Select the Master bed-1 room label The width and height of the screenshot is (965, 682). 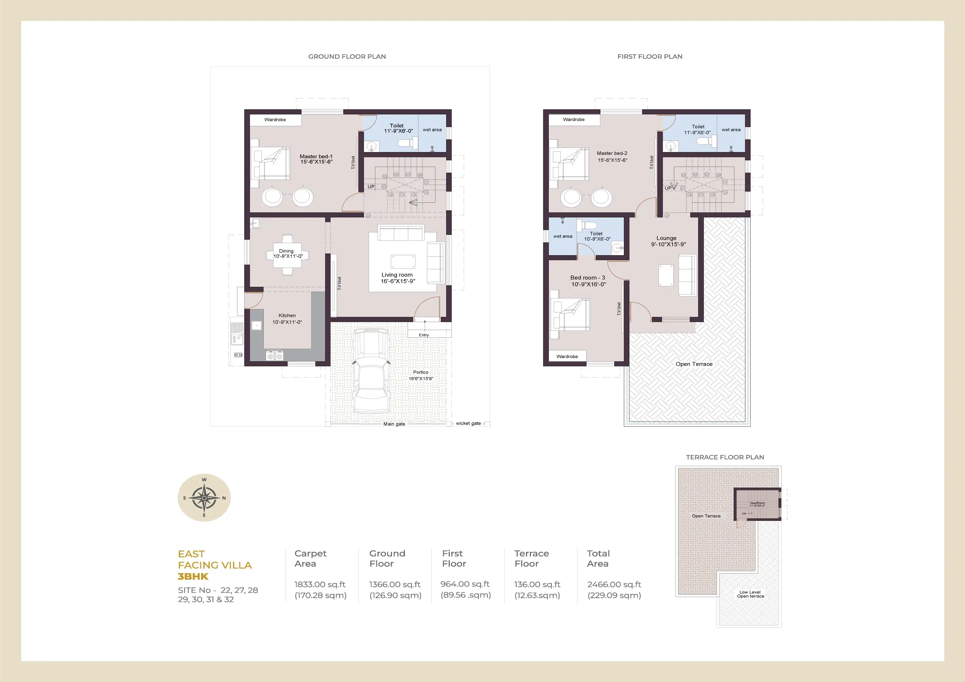pyautogui.click(x=316, y=159)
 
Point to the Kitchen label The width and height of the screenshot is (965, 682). pyautogui.click(x=287, y=316)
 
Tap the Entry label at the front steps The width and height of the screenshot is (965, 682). pyautogui.click(x=424, y=335)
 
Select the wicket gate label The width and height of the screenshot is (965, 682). pyautogui.click(x=468, y=423)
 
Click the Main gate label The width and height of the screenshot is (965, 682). pyautogui.click(x=394, y=424)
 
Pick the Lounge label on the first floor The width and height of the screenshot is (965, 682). pyautogui.click(x=667, y=238)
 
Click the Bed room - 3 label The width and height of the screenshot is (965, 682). pyautogui.click(x=588, y=278)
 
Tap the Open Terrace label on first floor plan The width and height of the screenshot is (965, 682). pyautogui.click(x=694, y=364)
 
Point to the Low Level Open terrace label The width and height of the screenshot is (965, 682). pyautogui.click(x=750, y=594)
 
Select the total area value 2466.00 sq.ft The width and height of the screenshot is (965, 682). pyautogui.click(x=614, y=584)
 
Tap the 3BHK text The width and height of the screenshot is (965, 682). pyautogui.click(x=193, y=576)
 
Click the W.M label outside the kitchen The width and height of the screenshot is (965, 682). pyautogui.click(x=238, y=355)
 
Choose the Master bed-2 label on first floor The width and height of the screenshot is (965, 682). pyautogui.click(x=612, y=153)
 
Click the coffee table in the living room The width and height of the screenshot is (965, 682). pyautogui.click(x=403, y=261)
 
